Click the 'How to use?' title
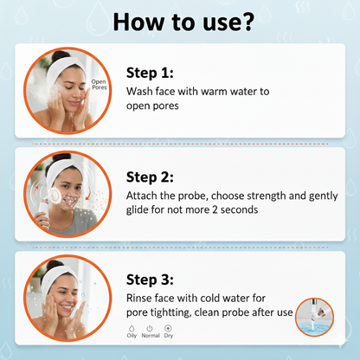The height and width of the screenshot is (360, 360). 179,21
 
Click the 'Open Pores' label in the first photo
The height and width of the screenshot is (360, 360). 99,86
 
